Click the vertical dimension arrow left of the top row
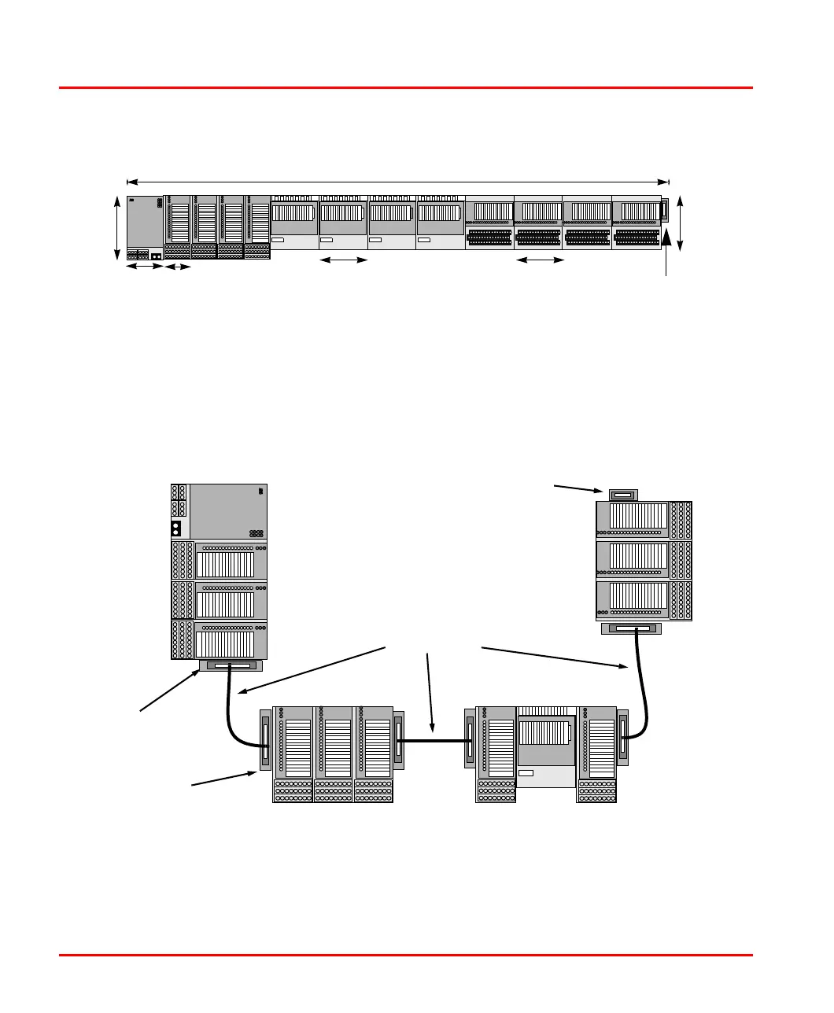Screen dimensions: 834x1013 tap(117, 227)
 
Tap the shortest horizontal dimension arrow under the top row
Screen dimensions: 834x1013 tap(179, 268)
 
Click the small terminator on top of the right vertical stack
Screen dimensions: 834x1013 tap(623, 495)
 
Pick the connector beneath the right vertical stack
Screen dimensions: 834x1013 tap(631, 629)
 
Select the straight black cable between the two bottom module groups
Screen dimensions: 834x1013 tap(434, 739)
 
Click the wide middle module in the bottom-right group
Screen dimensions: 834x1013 tap(546, 747)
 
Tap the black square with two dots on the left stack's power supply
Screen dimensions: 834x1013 tap(177, 529)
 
